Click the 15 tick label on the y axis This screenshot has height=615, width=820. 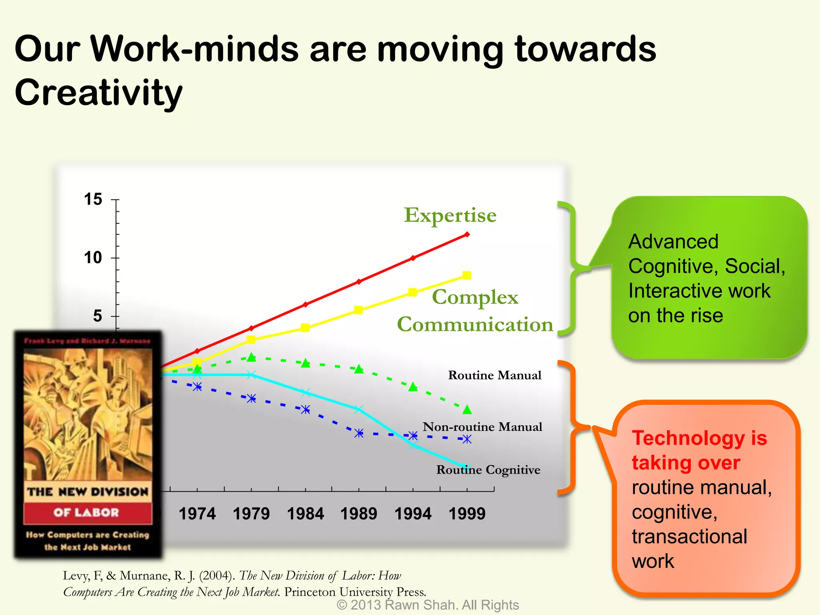(x=93, y=199)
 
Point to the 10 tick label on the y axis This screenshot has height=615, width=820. (x=93, y=258)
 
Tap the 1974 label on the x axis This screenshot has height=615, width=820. (x=197, y=514)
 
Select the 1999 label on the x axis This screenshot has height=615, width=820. (x=467, y=514)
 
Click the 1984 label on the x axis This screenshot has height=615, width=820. (x=305, y=514)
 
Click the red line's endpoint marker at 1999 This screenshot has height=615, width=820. (x=467, y=235)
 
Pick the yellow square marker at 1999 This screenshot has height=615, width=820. (x=466, y=275)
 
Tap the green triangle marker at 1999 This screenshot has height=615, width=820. (x=467, y=410)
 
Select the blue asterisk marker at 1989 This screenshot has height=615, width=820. (x=359, y=433)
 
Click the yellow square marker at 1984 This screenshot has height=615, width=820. (x=305, y=328)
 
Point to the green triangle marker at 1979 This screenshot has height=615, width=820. (x=251, y=357)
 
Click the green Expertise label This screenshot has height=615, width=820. (x=450, y=215)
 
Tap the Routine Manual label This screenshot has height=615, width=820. (x=494, y=375)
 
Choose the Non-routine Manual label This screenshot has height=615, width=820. (x=482, y=427)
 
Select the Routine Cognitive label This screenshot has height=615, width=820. (x=488, y=470)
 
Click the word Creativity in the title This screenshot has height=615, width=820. (x=98, y=93)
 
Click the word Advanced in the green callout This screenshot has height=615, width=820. (x=673, y=242)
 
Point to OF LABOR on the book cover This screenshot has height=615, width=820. (x=86, y=512)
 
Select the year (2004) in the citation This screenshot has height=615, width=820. (x=217, y=576)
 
